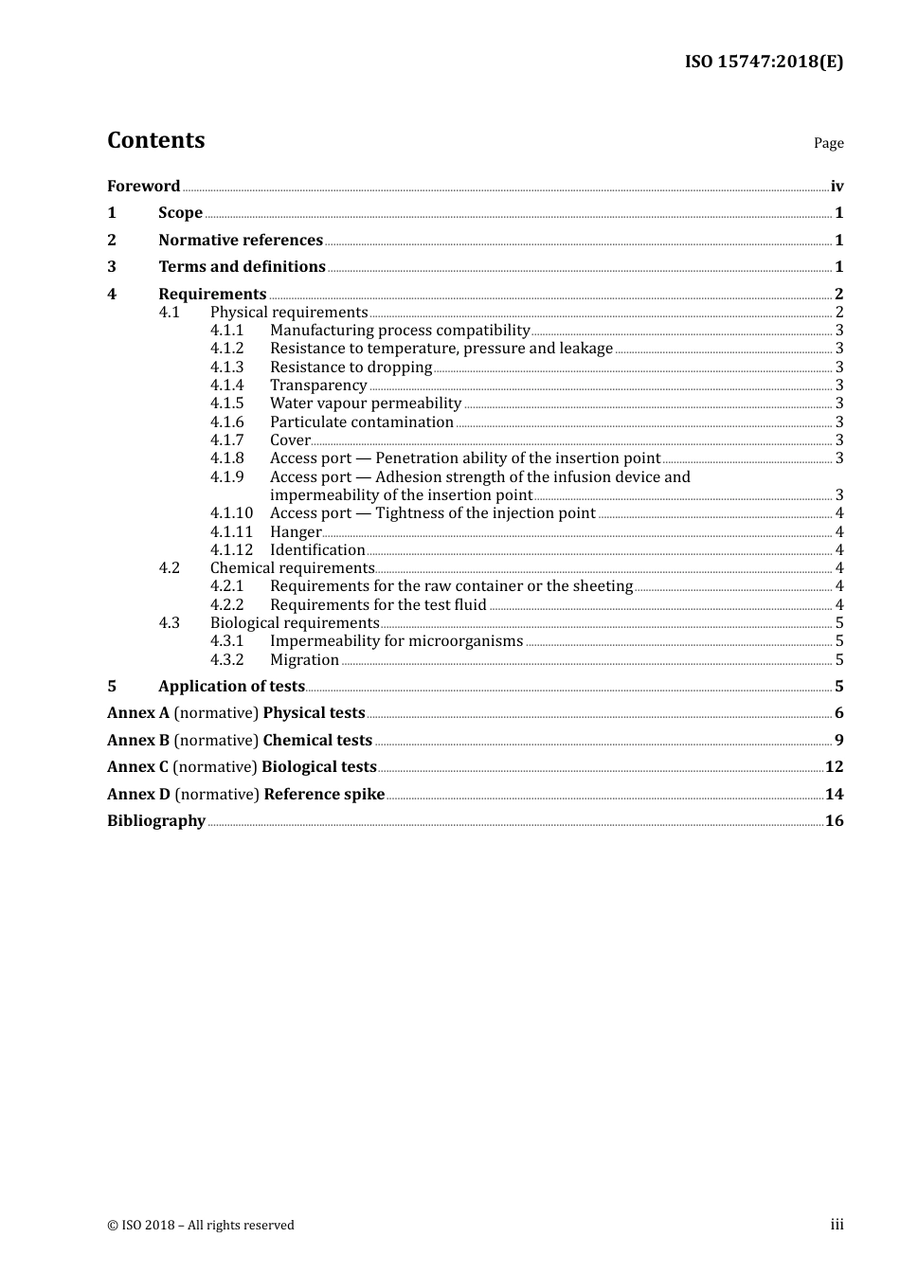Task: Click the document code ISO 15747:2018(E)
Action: pyautogui.click(x=764, y=62)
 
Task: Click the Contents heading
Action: pyautogui.click(x=155, y=140)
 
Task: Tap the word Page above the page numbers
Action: pyautogui.click(x=828, y=143)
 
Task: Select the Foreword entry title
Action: pyautogui.click(x=143, y=187)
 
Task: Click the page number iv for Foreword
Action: pyautogui.click(x=837, y=187)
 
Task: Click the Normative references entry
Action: pyautogui.click(x=241, y=241)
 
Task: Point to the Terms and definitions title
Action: pyautogui.click(x=242, y=267)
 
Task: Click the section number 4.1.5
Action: pyautogui.click(x=226, y=403)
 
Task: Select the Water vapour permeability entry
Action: pyautogui.click(x=365, y=403)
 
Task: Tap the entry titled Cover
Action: pyautogui.click(x=290, y=440)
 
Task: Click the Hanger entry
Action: pyautogui.click(x=296, y=532)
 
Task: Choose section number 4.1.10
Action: pyautogui.click(x=231, y=513)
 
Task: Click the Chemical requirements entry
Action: pyautogui.click(x=292, y=568)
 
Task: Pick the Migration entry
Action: pyautogui.click(x=304, y=660)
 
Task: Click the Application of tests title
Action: pyautogui.click(x=231, y=687)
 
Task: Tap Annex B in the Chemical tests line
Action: pyautogui.click(x=138, y=741)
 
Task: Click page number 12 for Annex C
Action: pyautogui.click(x=834, y=767)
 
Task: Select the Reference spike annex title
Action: pyautogui.click(x=324, y=795)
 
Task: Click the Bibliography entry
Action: pyautogui.click(x=156, y=821)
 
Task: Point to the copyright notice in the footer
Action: pyautogui.click(x=201, y=1226)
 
